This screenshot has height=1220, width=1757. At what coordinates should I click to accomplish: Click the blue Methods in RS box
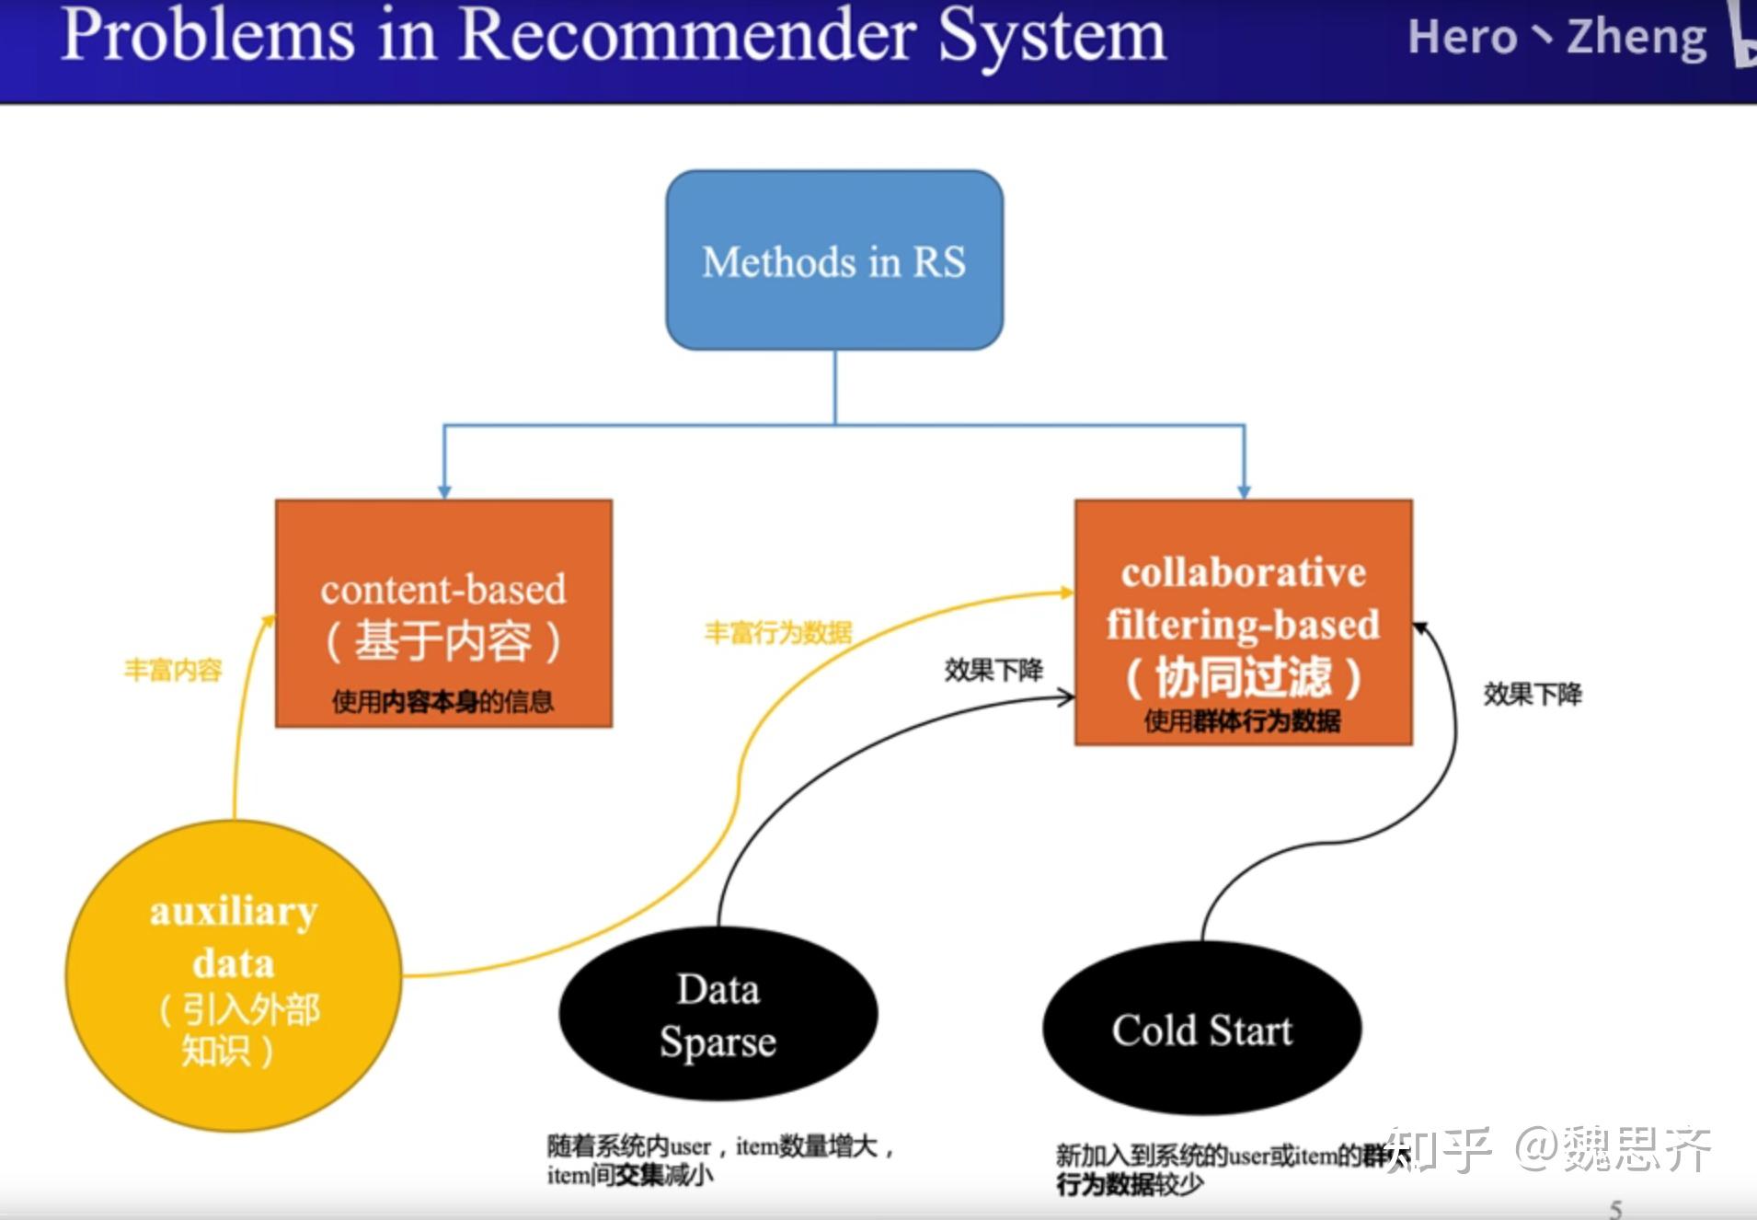(x=834, y=260)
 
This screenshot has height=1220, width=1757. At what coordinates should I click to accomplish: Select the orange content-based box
(x=443, y=614)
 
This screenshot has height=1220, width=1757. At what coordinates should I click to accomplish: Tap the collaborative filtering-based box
(x=1243, y=622)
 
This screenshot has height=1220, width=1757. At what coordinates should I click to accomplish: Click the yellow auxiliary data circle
(x=234, y=975)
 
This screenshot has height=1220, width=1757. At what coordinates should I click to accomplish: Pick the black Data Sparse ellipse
(x=718, y=1015)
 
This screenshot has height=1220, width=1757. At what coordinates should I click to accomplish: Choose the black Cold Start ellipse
(x=1201, y=1030)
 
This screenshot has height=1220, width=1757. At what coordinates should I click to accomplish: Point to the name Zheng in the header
(x=1636, y=37)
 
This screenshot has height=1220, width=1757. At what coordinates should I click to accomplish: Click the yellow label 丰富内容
(x=173, y=670)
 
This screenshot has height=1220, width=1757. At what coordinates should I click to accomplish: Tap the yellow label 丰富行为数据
(x=778, y=633)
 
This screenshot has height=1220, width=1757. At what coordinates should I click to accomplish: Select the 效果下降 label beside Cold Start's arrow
(x=1533, y=695)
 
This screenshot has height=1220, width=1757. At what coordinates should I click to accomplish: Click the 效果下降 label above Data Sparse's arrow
(x=993, y=670)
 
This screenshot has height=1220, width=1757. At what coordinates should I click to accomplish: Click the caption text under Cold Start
(x=1214, y=1168)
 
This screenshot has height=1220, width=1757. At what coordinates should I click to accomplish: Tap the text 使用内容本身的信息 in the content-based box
(x=442, y=702)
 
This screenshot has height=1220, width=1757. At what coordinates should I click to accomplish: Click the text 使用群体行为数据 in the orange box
(x=1242, y=721)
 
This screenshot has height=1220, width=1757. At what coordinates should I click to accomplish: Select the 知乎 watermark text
(x=1438, y=1150)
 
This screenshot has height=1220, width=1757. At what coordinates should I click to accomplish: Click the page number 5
(x=1615, y=1208)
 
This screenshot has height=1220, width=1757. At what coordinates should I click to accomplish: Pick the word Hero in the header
(x=1462, y=37)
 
